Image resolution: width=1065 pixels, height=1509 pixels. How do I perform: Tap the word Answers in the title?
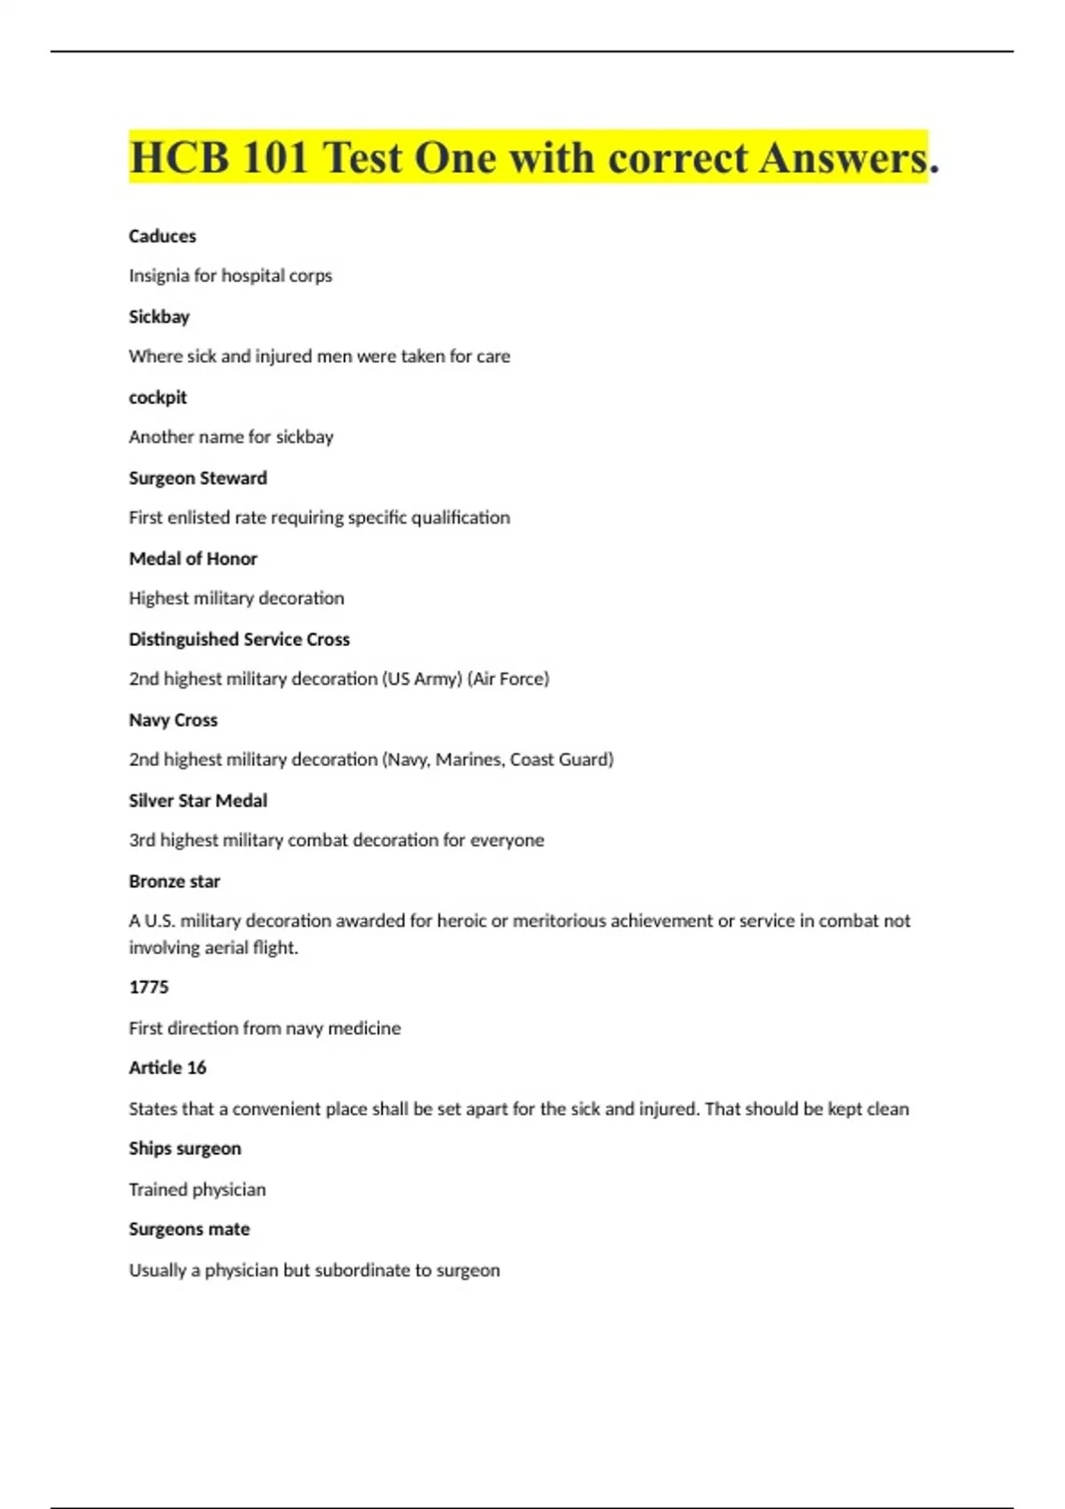point(843,158)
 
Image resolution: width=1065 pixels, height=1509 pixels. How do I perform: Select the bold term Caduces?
point(162,236)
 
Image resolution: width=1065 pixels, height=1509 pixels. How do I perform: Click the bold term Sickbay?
point(159,317)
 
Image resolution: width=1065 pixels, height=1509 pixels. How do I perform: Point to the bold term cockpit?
point(158,398)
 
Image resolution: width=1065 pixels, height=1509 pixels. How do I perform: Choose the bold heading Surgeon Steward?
point(198,478)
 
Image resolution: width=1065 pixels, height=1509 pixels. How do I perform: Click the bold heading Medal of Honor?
point(193,558)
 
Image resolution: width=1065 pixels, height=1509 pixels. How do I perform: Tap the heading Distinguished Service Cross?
point(239,639)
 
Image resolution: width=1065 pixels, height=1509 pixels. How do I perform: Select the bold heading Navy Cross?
point(173,720)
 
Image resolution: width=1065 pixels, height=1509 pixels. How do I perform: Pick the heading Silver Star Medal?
point(198,801)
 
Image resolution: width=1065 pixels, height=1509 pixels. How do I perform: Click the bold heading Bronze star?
point(174,881)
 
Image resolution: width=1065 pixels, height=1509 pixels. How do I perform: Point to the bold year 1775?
point(148,987)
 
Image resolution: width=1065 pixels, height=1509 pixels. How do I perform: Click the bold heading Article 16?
point(167,1068)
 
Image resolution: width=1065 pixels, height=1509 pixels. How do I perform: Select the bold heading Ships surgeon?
point(185,1149)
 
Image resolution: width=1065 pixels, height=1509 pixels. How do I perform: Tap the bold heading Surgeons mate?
point(189,1229)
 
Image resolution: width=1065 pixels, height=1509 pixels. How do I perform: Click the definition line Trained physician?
point(197,1189)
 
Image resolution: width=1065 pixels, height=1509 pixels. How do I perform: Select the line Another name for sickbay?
point(231,437)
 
